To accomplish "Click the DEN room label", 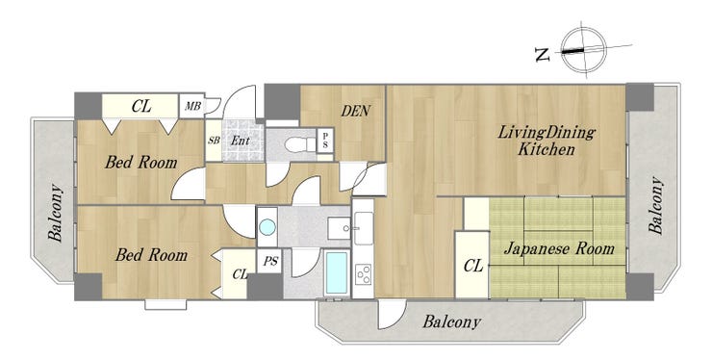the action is (356, 111).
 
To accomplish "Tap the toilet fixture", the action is (299, 144).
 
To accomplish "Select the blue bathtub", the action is (337, 272).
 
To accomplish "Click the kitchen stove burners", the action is (364, 274).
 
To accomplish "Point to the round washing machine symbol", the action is (267, 227).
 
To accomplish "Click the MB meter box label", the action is (192, 106).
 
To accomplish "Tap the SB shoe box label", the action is (214, 140).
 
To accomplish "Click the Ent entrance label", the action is (241, 141).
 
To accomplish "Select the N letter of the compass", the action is (542, 55).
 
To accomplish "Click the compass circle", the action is (583, 50).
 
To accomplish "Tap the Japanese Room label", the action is (558, 248).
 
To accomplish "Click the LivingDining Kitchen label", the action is (547, 141).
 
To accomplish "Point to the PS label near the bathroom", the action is (270, 262).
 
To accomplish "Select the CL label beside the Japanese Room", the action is (473, 266).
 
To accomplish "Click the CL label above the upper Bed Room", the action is (141, 106).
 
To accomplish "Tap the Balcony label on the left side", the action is (55, 213).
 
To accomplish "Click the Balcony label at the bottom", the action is (451, 322).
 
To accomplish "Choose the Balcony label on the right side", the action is (655, 205).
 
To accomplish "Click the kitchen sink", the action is (364, 228).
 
